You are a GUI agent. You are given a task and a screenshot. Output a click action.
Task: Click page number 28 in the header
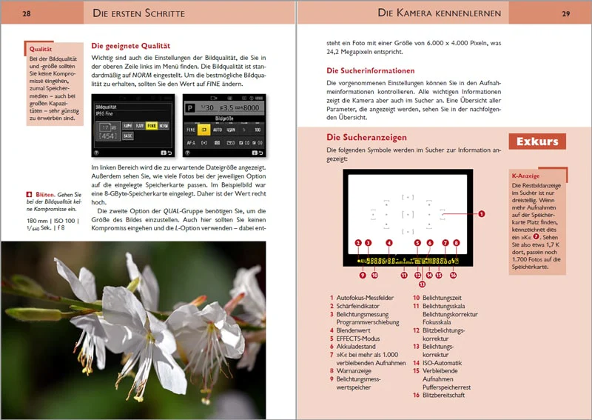tap(27, 13)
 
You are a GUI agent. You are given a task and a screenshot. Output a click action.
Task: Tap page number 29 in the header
tap(565, 13)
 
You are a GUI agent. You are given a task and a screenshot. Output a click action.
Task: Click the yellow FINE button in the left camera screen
tap(152, 127)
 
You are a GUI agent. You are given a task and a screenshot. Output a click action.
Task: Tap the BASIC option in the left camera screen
tap(128, 137)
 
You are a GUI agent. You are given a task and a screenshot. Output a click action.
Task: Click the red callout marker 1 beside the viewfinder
tap(481, 214)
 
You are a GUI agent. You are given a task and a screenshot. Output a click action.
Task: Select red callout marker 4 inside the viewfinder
tap(389, 242)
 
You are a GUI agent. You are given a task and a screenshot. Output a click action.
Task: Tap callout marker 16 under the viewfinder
tap(453, 276)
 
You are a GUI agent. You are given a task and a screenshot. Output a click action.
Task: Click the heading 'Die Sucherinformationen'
tap(370, 71)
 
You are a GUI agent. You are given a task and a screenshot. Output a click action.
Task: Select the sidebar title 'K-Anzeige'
tap(525, 176)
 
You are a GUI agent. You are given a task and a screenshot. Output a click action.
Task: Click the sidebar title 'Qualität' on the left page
tap(40, 50)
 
